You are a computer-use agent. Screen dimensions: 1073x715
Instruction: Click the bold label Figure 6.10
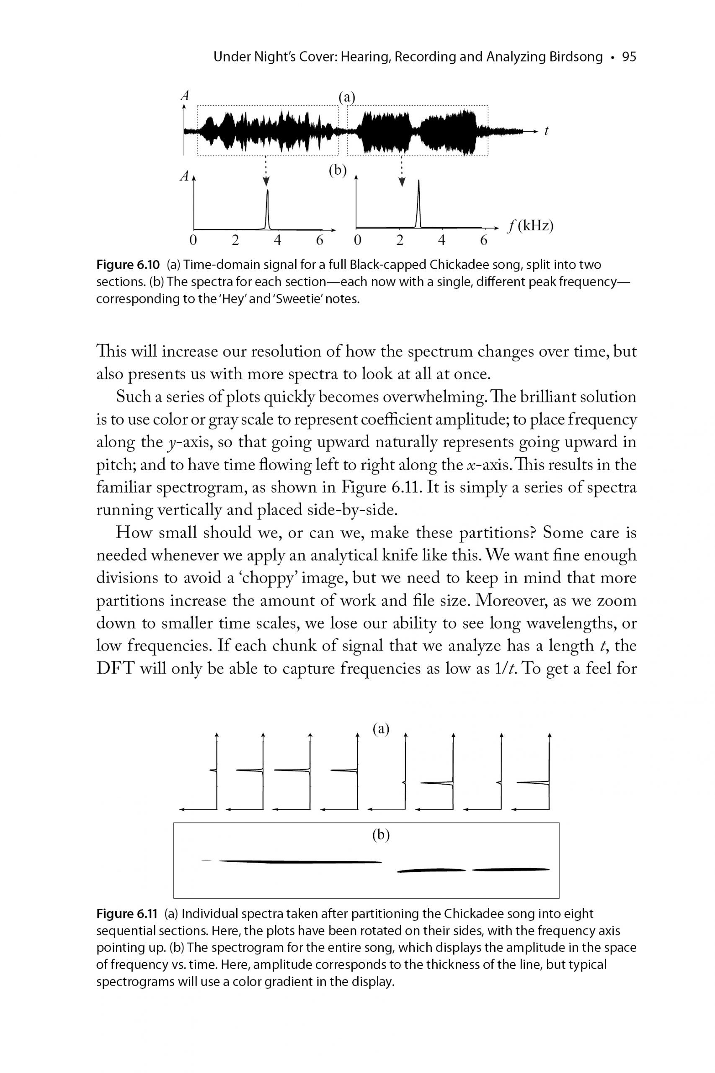[x=128, y=265]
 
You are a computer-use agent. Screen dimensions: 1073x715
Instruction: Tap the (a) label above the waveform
[x=346, y=97]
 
